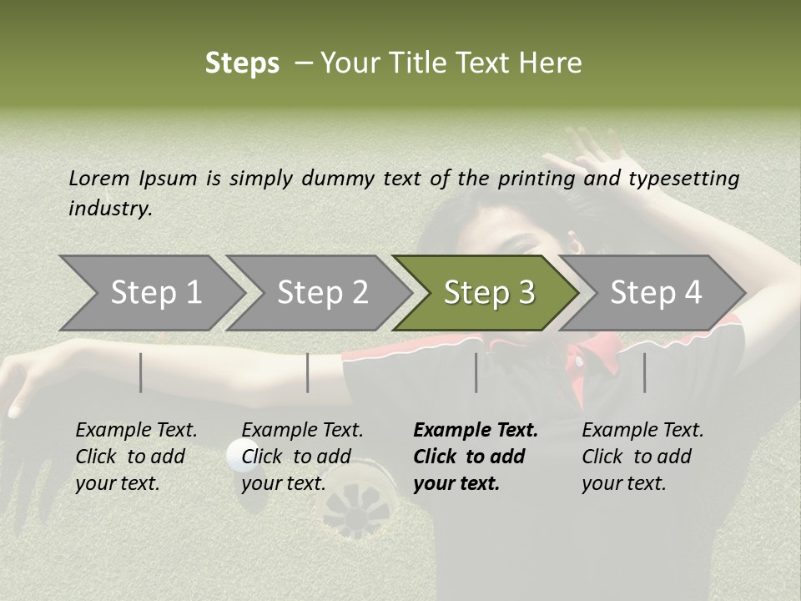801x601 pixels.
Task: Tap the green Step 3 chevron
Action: coord(489,293)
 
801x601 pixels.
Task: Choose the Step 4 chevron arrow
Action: coord(656,293)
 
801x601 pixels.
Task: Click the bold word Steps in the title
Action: coord(242,63)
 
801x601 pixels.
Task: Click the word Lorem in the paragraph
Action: coord(99,178)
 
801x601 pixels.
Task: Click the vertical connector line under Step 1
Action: coord(141,372)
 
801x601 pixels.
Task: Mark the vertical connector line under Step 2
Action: coord(308,372)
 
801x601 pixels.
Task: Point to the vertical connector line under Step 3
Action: coord(476,372)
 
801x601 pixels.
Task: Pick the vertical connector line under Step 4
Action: coord(644,372)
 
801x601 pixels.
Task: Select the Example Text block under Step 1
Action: coord(136,457)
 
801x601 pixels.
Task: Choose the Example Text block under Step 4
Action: coord(642,457)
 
